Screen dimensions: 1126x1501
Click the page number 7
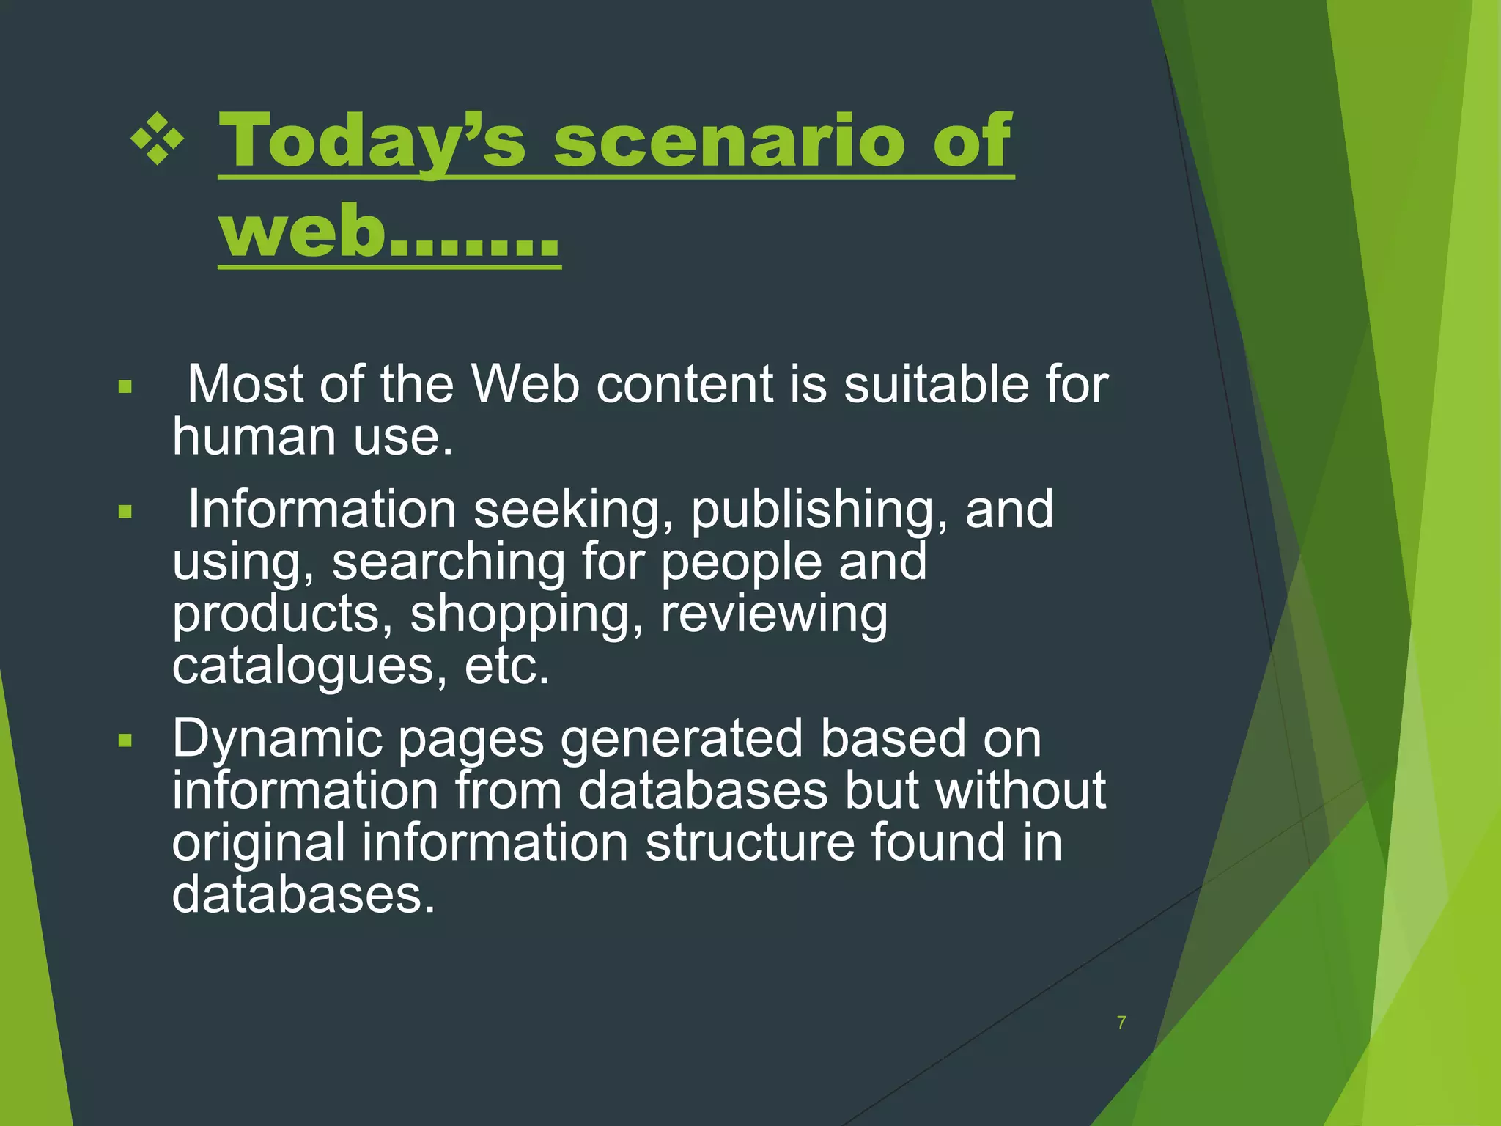pyautogui.click(x=1121, y=1023)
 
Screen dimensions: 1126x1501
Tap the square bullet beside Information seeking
pyautogui.click(x=125, y=511)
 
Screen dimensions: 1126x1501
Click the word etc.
pyautogui.click(x=506, y=667)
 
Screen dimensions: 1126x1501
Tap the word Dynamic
pyautogui.click(x=277, y=739)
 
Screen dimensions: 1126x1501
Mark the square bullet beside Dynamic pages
pyautogui.click(x=125, y=740)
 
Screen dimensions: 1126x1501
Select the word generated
pyautogui.click(x=681, y=739)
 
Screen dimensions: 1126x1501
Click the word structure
pyautogui.click(x=749, y=843)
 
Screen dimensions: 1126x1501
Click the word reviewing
pyautogui.click(x=774, y=614)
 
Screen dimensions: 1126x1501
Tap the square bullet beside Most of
pyautogui.click(x=125, y=386)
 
